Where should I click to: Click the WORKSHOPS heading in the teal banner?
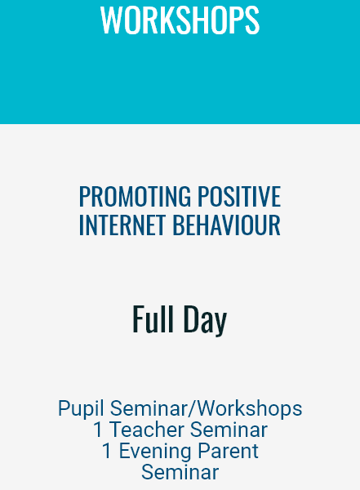180,20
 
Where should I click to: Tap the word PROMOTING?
135,196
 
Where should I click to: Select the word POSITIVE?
239,196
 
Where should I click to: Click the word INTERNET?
122,225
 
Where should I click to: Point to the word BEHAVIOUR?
227,225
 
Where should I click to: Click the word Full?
153,318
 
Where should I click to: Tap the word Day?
205,320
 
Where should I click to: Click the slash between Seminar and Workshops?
193,408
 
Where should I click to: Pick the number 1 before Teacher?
98,430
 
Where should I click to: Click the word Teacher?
147,430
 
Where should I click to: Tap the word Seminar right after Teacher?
229,430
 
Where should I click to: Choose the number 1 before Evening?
107,451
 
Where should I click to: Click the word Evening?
155,452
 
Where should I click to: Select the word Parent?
228,451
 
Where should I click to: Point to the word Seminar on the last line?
180,472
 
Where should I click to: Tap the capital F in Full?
138,318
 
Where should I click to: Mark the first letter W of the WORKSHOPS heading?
111,20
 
